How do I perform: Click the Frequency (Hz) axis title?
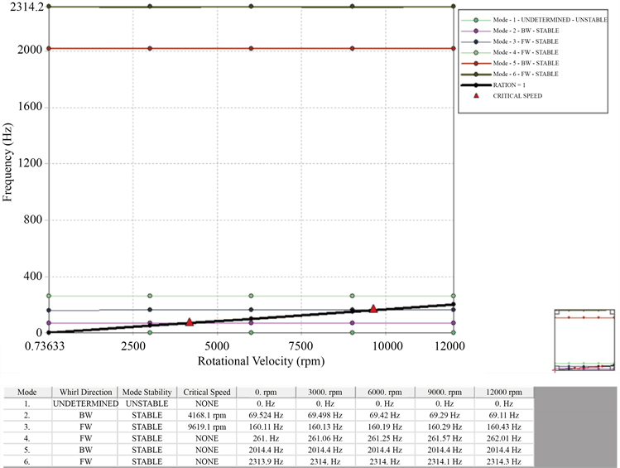[8, 169]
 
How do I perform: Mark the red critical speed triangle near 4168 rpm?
[190, 321]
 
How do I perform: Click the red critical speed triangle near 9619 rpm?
[373, 309]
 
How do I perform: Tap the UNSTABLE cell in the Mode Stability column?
[146, 403]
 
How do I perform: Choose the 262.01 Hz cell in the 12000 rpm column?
[504, 437]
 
